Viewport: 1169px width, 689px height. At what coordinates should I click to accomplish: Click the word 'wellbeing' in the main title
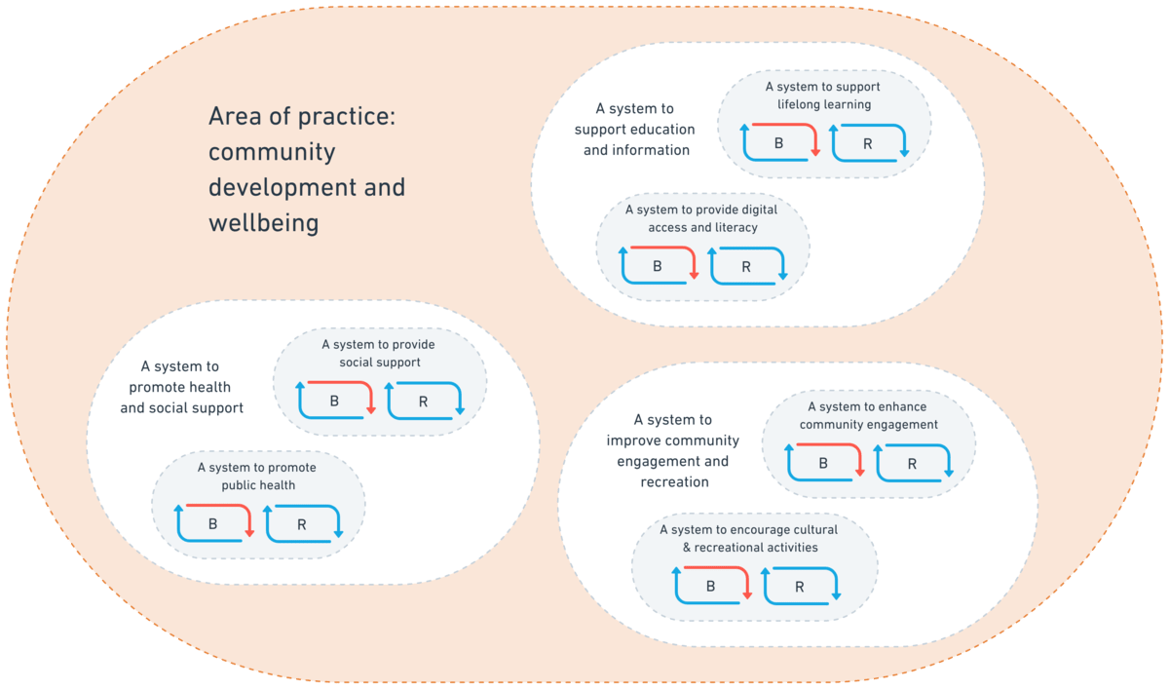point(263,223)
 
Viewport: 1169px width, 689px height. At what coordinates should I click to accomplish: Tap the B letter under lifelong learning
point(778,144)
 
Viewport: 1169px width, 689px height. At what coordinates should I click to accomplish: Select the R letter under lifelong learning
point(867,144)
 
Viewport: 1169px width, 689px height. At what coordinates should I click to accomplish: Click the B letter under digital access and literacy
point(657,267)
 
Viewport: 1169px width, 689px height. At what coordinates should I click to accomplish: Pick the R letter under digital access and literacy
point(746,267)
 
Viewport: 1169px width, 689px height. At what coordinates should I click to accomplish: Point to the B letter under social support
point(334,402)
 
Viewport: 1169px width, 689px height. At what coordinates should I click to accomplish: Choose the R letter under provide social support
point(423,402)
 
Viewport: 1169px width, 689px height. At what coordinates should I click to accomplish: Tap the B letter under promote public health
point(213,524)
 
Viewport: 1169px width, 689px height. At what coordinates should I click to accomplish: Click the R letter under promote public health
point(302,524)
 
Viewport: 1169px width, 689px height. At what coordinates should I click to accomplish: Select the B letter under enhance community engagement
point(823,464)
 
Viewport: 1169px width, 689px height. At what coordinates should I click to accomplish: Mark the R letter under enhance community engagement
point(912,464)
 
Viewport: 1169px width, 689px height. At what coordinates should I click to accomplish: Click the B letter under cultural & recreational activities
point(710,587)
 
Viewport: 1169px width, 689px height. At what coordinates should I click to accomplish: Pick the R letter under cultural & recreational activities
point(800,587)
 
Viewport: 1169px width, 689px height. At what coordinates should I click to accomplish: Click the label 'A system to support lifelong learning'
point(823,96)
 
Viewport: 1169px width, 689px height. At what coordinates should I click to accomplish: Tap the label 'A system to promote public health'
point(257,477)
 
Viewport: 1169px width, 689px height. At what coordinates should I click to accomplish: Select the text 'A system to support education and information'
point(634,130)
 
